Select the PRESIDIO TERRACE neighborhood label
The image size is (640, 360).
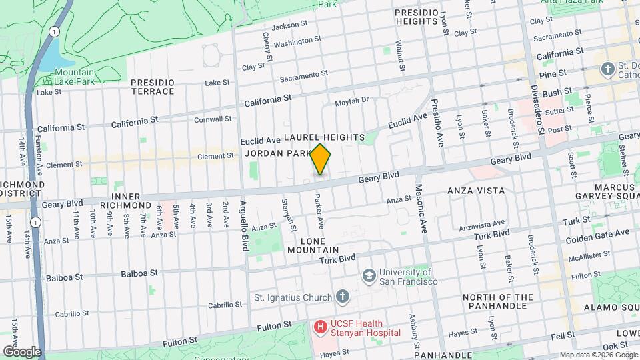coord(153,87)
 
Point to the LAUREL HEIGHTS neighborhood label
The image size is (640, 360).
coord(324,137)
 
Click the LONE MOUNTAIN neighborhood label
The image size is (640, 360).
coord(314,245)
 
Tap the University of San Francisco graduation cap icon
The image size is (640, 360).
coord(368,276)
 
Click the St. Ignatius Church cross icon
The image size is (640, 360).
coord(342,297)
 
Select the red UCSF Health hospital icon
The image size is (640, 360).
coord(321,327)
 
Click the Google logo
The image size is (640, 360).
coord(22,351)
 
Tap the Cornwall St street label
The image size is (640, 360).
coord(213,119)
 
